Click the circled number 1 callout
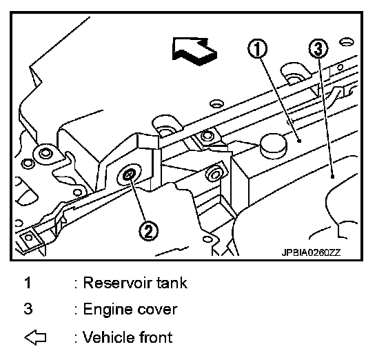(x=257, y=48)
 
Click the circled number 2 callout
(x=148, y=231)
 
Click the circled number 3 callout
(x=318, y=48)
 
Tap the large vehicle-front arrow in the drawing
(x=194, y=51)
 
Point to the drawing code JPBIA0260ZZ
(x=311, y=252)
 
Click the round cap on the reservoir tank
(x=273, y=146)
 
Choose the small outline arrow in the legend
(x=35, y=337)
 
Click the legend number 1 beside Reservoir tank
(x=28, y=283)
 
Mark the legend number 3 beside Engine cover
(x=28, y=309)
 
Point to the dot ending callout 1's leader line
(x=299, y=141)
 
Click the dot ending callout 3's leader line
(x=332, y=177)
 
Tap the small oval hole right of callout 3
(x=346, y=42)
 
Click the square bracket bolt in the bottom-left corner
(x=29, y=238)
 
